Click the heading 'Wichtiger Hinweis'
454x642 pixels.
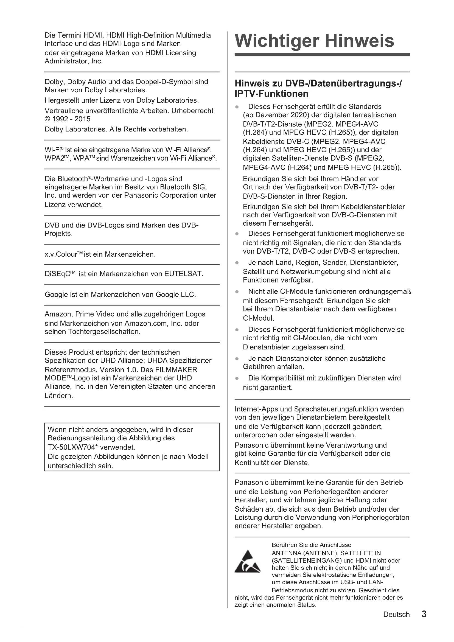[314, 41]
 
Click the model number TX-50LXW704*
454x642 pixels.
[71, 447]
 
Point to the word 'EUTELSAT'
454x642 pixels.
[183, 273]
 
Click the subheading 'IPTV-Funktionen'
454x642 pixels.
[271, 94]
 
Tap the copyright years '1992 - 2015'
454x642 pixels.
[71, 119]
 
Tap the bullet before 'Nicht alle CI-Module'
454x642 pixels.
[237, 292]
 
